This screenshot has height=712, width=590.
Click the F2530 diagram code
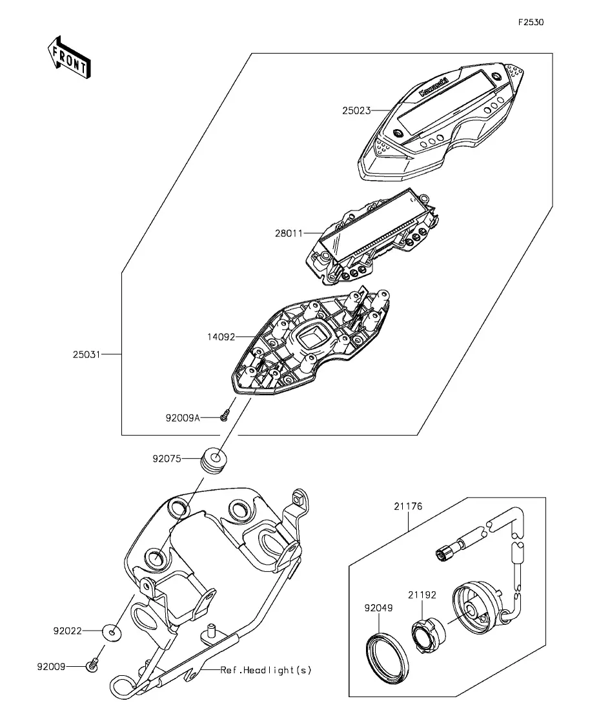tap(531, 22)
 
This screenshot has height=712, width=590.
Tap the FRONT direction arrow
tap(69, 57)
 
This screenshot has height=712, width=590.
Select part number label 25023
tap(356, 110)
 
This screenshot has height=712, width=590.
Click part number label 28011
tap(289, 233)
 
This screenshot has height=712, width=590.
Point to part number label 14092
tap(221, 337)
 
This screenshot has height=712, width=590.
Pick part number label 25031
tap(86, 354)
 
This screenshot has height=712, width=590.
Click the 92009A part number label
tap(183, 418)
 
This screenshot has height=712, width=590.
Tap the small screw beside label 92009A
tap(224, 416)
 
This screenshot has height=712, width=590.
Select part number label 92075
tap(167, 458)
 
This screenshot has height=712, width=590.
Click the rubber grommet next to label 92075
tap(214, 460)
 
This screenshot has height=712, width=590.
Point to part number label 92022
tap(68, 631)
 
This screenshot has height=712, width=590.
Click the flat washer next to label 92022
tap(112, 632)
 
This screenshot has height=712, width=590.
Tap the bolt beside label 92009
tap(92, 666)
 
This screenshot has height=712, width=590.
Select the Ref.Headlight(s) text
tap(266, 670)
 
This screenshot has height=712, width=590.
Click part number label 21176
tap(408, 506)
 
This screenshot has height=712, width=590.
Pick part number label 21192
tap(422, 595)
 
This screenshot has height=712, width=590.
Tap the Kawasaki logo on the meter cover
tap(433, 87)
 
